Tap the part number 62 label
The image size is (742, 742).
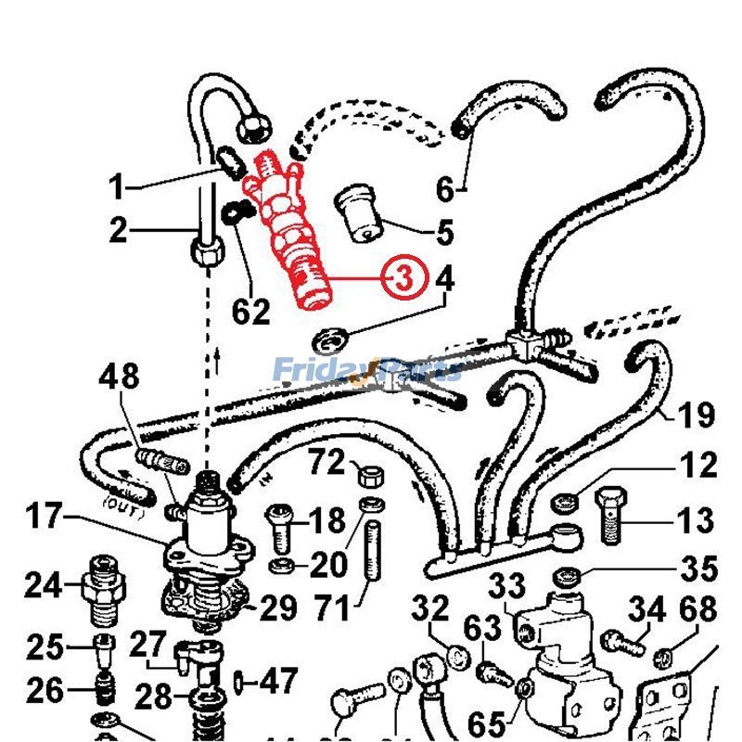click(x=250, y=312)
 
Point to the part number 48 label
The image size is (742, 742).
click(x=120, y=377)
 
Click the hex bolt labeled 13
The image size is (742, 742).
click(x=608, y=515)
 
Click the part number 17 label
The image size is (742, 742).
click(x=43, y=515)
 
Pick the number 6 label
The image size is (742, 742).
click(x=446, y=190)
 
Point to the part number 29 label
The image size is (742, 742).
click(x=277, y=608)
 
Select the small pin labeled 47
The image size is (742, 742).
click(x=239, y=683)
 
